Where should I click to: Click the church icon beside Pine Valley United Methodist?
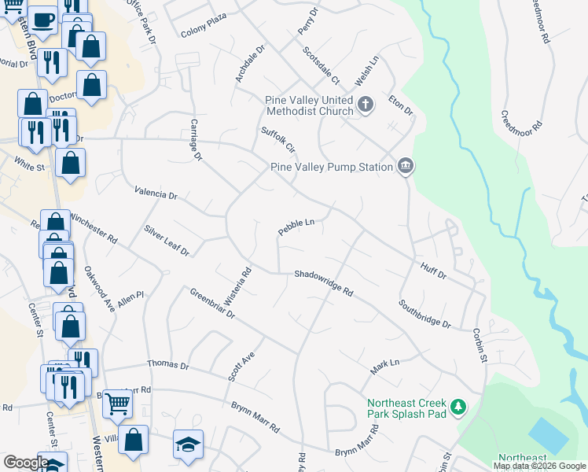click(365, 104)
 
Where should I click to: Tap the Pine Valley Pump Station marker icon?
click(406, 166)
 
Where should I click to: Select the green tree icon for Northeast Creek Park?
click(459, 407)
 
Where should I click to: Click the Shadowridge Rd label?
click(324, 282)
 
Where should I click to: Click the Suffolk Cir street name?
click(277, 139)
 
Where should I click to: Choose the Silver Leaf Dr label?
click(167, 240)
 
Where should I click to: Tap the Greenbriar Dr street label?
click(212, 303)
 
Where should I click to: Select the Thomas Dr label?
click(168, 365)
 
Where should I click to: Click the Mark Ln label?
click(384, 367)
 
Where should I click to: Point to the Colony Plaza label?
click(204, 25)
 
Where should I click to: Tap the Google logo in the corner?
click(26, 463)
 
